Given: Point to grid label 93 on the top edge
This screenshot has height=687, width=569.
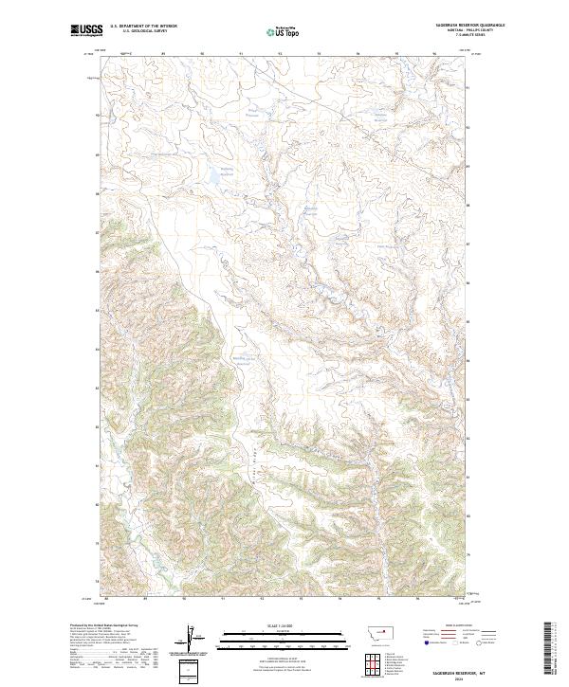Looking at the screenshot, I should pos(279,55).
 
